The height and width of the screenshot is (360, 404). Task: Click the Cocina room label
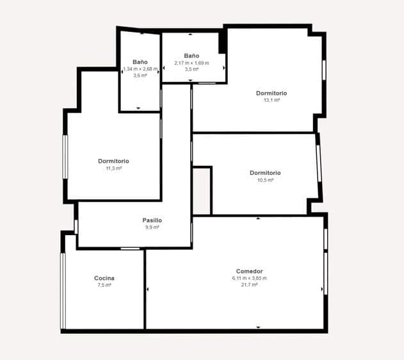pos(104,278)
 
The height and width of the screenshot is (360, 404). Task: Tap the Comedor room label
pos(250,271)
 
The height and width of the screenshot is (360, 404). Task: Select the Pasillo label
pos(152,220)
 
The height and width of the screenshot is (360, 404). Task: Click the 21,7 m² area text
pos(250,285)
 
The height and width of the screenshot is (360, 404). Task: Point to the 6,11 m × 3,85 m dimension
pos(250,278)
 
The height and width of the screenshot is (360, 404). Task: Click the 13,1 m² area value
pos(271,100)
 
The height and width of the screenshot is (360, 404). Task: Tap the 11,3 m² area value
pos(113,168)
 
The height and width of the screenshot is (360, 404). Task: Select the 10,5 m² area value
pos(265,180)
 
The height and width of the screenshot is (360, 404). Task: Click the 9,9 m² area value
pos(152,227)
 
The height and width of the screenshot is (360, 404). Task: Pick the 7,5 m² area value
pos(104,285)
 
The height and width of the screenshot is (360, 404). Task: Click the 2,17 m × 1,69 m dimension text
pos(191,63)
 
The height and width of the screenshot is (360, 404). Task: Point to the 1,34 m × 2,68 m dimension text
pos(140,69)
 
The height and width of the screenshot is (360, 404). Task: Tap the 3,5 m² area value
pos(191,69)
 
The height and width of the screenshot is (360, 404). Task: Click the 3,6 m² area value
pos(140,76)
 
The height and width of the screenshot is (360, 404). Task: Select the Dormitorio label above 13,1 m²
pos(271,93)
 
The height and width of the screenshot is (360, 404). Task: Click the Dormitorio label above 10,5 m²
pos(265,173)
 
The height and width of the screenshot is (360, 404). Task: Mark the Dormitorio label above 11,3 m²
pos(113,161)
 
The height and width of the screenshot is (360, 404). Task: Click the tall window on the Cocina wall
pos(63,291)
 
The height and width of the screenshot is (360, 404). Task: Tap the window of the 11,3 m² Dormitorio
pos(65,157)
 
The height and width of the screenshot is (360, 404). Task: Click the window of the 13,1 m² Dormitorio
pos(324,70)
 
